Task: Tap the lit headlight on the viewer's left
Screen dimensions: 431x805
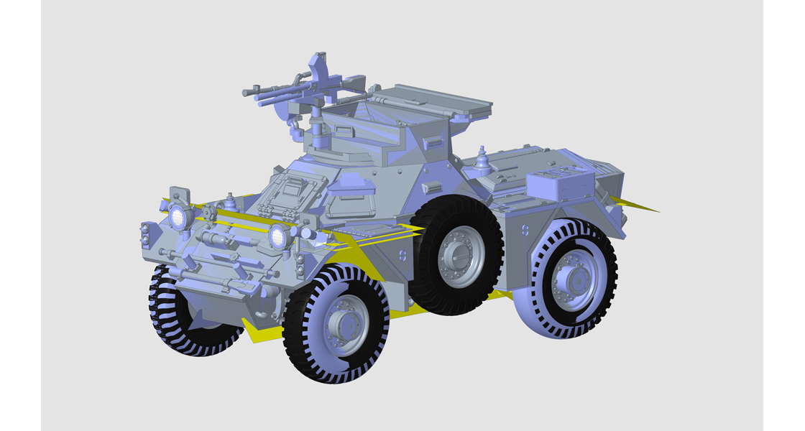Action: (x=178, y=217)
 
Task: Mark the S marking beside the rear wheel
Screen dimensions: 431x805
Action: (x=525, y=231)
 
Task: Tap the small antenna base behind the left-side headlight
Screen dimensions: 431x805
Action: (x=230, y=201)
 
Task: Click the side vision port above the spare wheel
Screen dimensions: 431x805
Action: (x=433, y=187)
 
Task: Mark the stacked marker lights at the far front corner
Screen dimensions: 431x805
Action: (x=146, y=233)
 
